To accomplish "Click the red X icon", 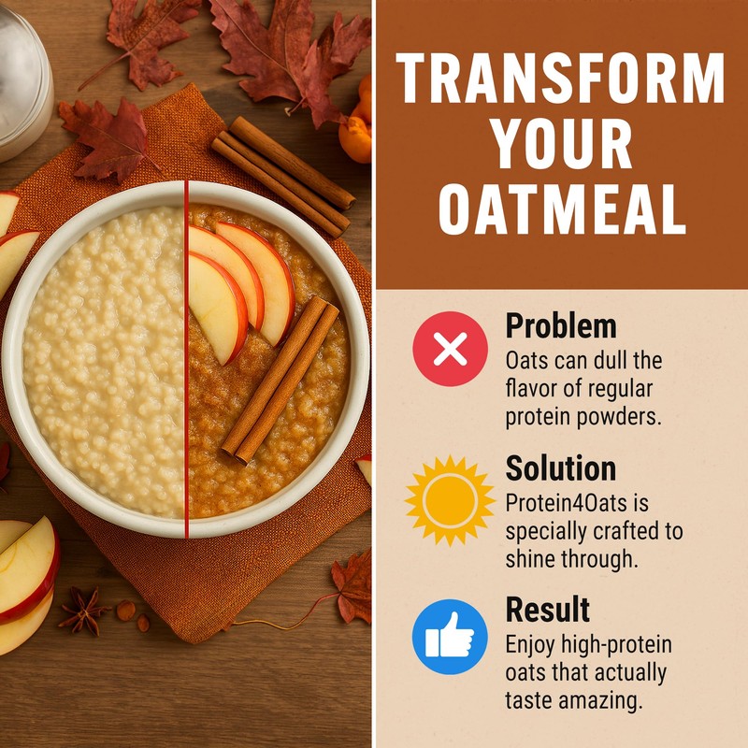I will tap(450, 349).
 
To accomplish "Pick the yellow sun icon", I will tap(450, 500).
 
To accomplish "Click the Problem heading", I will tap(560, 326).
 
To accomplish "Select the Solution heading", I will tap(560, 468).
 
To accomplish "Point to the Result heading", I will tap(547, 610).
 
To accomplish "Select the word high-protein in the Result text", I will tap(588, 645).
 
